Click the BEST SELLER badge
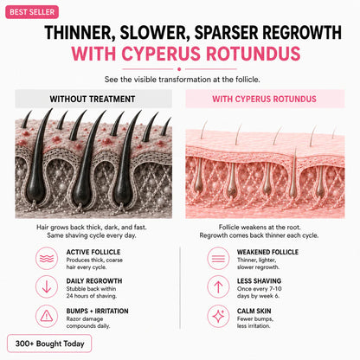(32, 12)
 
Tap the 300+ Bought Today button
(49, 344)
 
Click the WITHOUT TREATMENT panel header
(93, 99)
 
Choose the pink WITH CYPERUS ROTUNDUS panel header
(265, 99)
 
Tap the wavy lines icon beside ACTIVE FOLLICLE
(47, 258)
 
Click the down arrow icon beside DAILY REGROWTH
(47, 286)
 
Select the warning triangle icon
(47, 316)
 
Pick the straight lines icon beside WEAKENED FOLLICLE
(218, 258)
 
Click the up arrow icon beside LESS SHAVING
(218, 286)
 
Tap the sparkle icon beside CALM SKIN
(218, 316)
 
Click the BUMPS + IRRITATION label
(97, 311)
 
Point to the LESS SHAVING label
(259, 281)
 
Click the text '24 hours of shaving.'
(92, 296)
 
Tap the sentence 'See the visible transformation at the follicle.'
(183, 80)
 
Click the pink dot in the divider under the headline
(179, 69)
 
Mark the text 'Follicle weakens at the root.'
(260, 227)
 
